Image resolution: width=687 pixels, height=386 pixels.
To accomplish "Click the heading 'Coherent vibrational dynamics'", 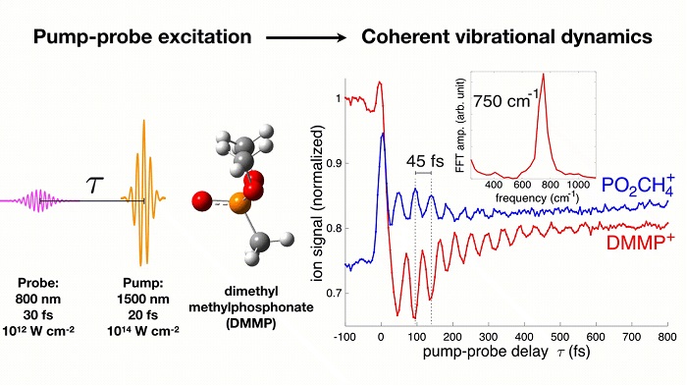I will click(x=506, y=37).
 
